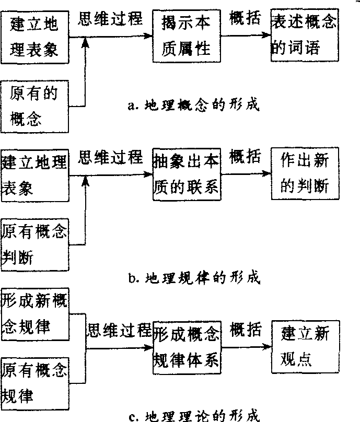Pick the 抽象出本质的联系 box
[x=187, y=174]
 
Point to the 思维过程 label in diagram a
[x=110, y=19]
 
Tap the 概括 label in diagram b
[x=245, y=157]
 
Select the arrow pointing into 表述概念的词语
[x=249, y=36]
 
